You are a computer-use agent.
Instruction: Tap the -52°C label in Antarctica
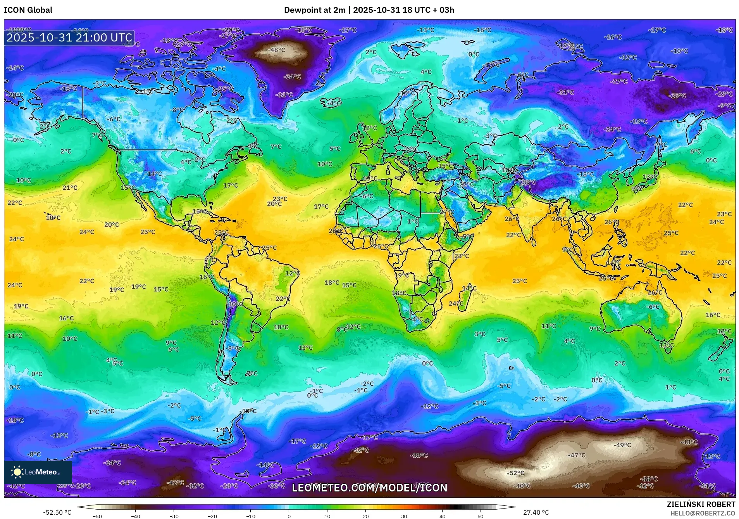[515, 473]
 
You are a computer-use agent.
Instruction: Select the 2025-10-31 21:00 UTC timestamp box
[69, 38]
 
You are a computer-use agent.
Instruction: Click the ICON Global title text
[28, 10]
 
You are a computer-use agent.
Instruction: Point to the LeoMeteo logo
[38, 472]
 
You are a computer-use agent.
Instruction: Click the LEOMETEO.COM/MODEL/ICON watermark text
[369, 488]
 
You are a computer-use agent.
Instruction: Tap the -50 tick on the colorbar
[97, 516]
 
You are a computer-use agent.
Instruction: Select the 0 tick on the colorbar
[289, 516]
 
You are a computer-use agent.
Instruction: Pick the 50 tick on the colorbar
[480, 516]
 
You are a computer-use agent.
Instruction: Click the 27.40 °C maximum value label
[536, 512]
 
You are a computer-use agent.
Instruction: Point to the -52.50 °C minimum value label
[57, 512]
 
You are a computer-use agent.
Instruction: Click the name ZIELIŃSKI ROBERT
[701, 505]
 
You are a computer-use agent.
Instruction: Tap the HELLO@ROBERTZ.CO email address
[703, 513]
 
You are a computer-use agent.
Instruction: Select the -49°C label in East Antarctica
[622, 445]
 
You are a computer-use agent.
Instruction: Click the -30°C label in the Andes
[235, 304]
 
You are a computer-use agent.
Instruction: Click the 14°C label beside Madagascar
[469, 288]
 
